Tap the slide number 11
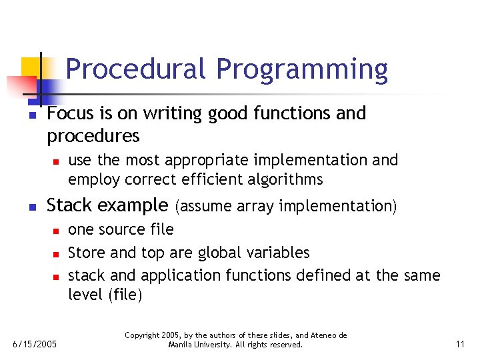pos(460,344)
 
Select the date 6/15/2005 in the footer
pos(35,345)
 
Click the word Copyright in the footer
pos(143,335)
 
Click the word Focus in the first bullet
pos(69,113)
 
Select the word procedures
pos(93,137)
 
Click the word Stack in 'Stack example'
pos(70,205)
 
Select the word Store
pos(87,253)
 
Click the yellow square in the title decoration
pos(32,68)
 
